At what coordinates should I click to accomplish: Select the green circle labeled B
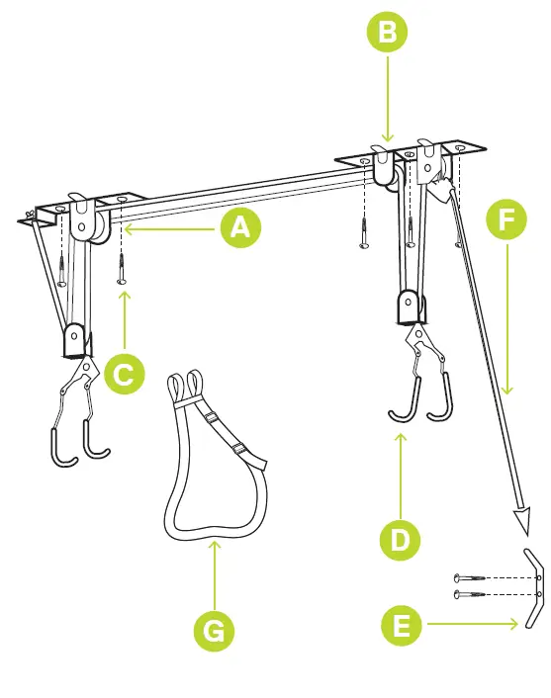point(387,33)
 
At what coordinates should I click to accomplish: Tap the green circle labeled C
point(123,375)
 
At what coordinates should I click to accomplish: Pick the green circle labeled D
point(400,540)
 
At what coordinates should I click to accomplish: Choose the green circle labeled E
point(400,625)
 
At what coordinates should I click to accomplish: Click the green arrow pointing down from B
point(387,99)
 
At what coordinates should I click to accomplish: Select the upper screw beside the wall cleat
point(472,577)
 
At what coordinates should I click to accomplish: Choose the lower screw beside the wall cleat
point(472,593)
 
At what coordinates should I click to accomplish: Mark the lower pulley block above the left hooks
point(73,341)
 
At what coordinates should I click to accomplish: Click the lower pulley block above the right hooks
point(409,307)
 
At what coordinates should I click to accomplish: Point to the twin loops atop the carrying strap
point(185,383)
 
